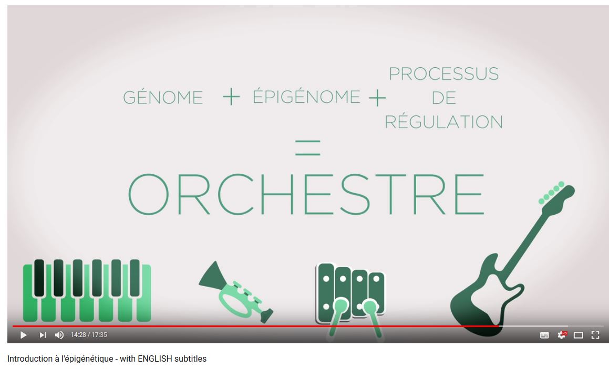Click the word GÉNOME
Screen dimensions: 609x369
click(163, 97)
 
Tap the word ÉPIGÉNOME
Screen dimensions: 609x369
click(306, 96)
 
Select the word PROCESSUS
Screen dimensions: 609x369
click(443, 73)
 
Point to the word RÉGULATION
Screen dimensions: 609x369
click(443, 122)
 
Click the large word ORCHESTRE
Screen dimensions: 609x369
click(306, 194)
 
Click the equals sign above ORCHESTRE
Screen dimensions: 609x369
click(307, 148)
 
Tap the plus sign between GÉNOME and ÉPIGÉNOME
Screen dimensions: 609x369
click(231, 96)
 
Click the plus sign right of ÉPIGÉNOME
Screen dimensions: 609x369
click(377, 98)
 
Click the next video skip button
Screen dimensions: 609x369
click(43, 335)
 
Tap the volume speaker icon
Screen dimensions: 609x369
click(59, 335)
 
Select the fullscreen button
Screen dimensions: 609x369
click(595, 335)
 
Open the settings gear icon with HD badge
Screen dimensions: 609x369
click(562, 335)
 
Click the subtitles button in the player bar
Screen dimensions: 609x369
click(544, 335)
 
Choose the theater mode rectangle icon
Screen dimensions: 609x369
click(579, 335)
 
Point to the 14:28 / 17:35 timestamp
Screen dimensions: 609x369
click(89, 335)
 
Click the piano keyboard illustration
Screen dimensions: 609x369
click(87, 290)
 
